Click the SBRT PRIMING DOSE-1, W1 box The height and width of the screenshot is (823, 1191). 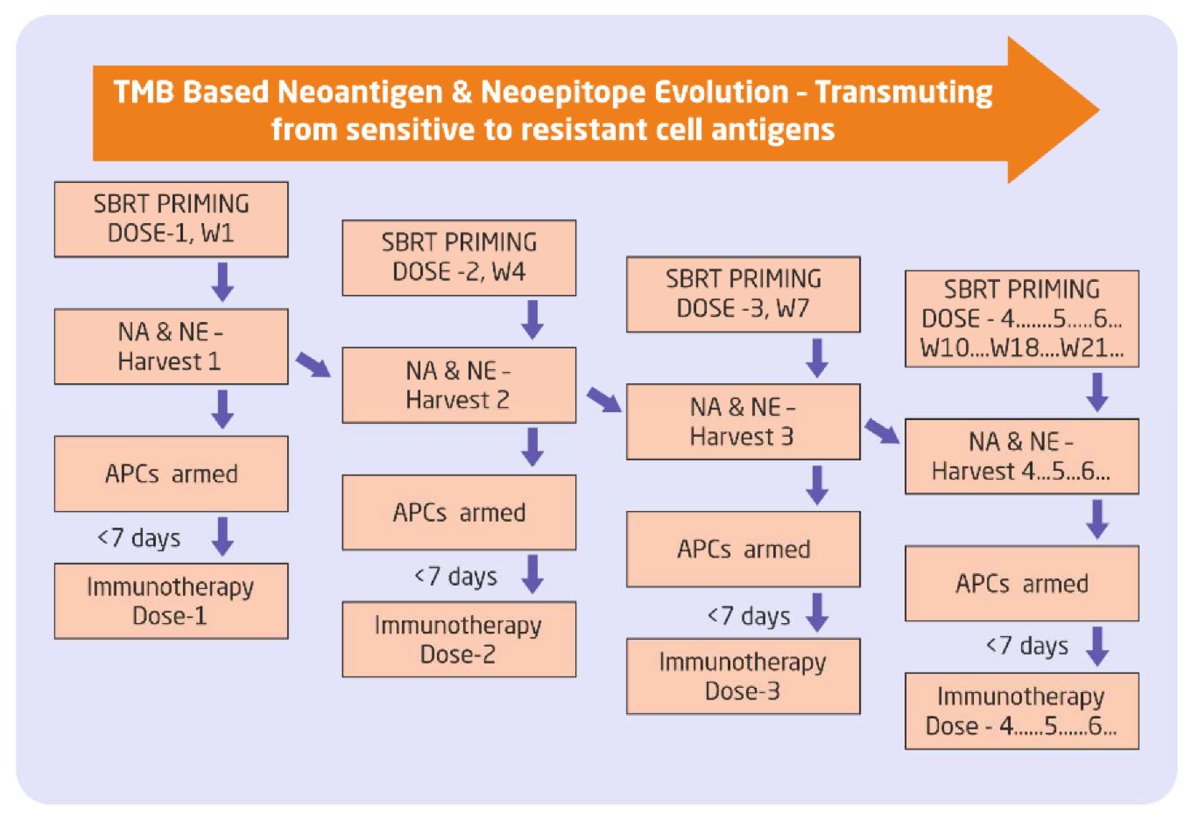pyautogui.click(x=171, y=219)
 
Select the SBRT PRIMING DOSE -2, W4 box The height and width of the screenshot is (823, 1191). pyautogui.click(x=459, y=258)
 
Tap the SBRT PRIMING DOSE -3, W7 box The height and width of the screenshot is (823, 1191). pyautogui.click(x=743, y=294)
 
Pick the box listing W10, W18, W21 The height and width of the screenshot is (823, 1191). pyautogui.click(x=1021, y=319)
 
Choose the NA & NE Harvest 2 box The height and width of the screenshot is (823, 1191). pyautogui.click(x=459, y=385)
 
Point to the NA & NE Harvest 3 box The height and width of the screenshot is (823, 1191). pyautogui.click(x=743, y=422)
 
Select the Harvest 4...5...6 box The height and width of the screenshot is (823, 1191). pyautogui.click(x=1021, y=456)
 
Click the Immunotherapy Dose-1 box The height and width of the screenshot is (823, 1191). pyautogui.click(x=171, y=601)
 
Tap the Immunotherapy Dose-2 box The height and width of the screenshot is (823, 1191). pyautogui.click(x=459, y=639)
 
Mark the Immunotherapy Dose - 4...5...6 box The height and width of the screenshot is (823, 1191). pyautogui.click(x=1021, y=711)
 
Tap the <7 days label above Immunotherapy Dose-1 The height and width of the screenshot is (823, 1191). pyautogui.click(x=139, y=538)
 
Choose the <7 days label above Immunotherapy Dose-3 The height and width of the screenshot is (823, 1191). pyautogui.click(x=749, y=616)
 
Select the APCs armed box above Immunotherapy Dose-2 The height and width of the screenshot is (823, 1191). pyautogui.click(x=459, y=513)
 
